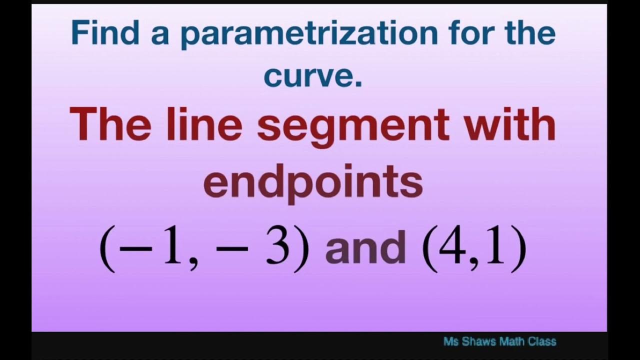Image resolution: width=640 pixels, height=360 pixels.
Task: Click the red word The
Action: click(x=109, y=125)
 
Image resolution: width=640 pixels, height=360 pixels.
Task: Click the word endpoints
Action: click(x=313, y=182)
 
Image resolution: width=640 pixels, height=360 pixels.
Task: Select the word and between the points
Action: click(x=365, y=248)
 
